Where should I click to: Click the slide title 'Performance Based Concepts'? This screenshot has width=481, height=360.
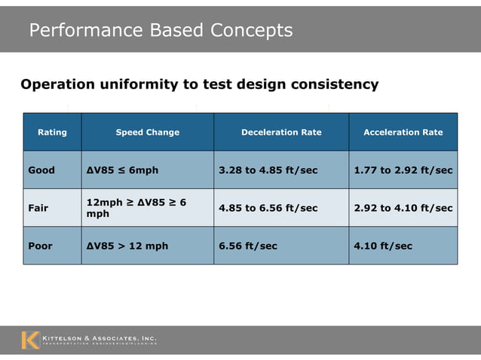(161, 30)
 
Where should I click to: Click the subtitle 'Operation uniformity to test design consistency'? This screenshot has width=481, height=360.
(199, 84)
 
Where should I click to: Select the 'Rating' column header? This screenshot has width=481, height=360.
(52, 133)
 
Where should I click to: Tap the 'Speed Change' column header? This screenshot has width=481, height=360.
(148, 133)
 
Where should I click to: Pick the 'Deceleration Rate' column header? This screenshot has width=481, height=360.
(281, 133)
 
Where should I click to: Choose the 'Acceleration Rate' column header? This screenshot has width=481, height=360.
(403, 133)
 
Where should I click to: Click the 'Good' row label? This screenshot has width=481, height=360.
(41, 170)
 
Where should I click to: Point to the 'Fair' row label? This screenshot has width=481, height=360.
(38, 208)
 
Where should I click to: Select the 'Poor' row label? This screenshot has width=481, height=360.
(41, 246)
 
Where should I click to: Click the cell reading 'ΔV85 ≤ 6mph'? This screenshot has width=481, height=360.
(122, 170)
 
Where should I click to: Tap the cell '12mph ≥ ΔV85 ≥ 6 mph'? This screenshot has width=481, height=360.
(136, 208)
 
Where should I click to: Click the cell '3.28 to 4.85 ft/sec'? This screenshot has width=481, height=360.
(268, 170)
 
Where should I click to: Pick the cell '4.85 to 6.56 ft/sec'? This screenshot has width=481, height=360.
(268, 208)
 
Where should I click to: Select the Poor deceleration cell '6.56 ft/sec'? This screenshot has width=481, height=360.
(248, 246)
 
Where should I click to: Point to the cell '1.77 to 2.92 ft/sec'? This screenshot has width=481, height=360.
(403, 170)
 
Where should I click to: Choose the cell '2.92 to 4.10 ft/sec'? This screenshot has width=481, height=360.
(403, 208)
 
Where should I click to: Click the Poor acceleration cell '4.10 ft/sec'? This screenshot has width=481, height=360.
(383, 246)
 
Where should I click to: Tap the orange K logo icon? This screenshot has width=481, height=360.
(30, 340)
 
